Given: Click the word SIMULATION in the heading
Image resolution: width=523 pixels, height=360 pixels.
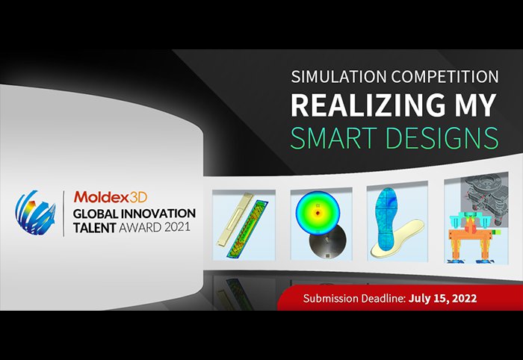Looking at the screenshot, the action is [339, 77].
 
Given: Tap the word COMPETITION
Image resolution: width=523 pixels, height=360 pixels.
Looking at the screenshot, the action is [445, 77].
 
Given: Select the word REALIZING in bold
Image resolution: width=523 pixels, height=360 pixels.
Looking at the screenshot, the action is [368, 105].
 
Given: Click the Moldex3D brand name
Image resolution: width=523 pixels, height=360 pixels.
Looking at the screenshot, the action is [111, 197].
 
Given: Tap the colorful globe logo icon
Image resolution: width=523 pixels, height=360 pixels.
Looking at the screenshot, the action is [35, 213].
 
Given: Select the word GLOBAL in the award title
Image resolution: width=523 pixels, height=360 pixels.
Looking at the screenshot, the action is [96, 214].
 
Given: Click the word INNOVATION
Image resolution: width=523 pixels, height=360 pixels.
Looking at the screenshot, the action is [158, 214].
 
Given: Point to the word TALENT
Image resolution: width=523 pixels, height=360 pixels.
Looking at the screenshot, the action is [94, 228].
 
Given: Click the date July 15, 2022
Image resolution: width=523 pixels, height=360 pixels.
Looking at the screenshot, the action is [442, 298].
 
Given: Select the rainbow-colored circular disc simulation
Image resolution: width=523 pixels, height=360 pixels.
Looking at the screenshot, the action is [318, 211].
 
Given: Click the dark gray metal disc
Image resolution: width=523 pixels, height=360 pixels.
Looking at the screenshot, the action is [327, 242].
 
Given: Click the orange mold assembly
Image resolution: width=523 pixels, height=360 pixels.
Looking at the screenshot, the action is [470, 239].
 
